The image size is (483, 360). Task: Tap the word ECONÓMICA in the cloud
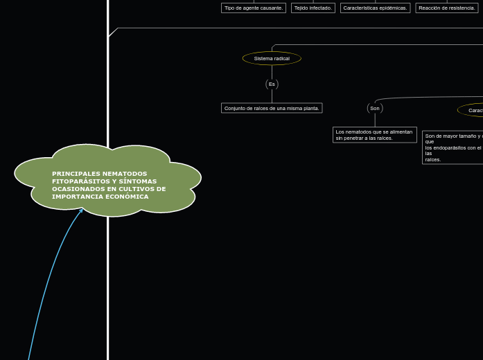[x=128, y=197]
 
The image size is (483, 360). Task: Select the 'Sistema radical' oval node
[x=272, y=58]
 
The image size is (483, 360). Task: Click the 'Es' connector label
[x=272, y=84]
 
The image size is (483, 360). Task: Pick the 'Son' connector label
[x=375, y=108]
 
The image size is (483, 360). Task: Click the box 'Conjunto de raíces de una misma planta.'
[x=272, y=108]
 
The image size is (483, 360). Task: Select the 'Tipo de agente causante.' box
[x=253, y=8]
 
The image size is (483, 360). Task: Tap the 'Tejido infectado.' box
[x=313, y=8]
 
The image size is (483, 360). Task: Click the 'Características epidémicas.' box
[x=375, y=8]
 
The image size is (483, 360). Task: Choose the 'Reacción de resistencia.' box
[x=447, y=8]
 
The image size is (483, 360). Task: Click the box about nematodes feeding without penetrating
[x=374, y=134]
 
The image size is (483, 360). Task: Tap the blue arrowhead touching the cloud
[x=82, y=210]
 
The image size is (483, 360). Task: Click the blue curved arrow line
[x=46, y=291]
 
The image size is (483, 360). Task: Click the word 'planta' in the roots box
[x=310, y=108]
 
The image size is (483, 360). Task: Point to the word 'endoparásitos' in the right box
[x=449, y=147]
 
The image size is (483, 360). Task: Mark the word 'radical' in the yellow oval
[x=281, y=58]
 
